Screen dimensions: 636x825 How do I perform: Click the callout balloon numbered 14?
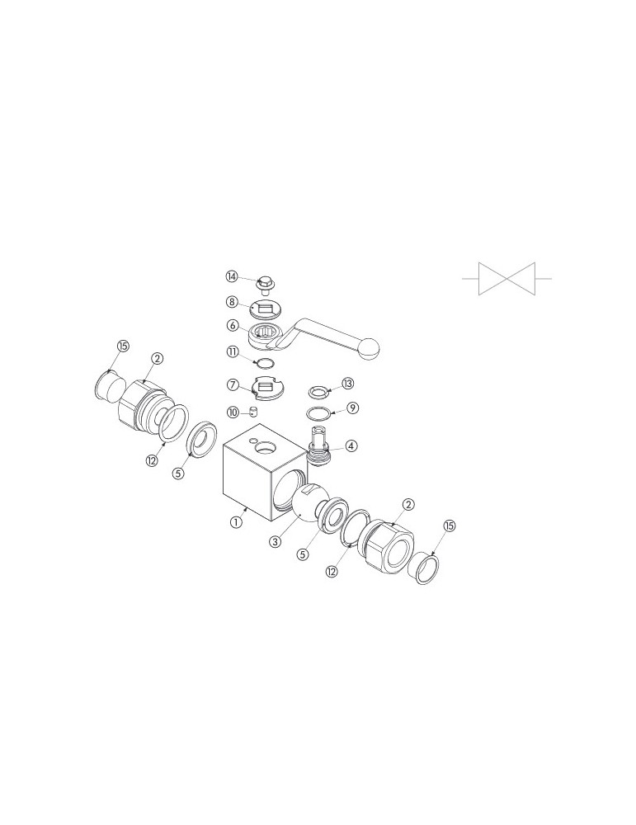coord(232,276)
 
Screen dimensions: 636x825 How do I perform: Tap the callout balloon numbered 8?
coord(232,302)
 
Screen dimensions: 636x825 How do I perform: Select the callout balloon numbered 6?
coord(232,326)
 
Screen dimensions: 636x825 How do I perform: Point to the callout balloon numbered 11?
coord(232,351)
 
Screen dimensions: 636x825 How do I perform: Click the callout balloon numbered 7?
coord(232,384)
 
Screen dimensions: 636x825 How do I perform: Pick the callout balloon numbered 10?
coord(232,412)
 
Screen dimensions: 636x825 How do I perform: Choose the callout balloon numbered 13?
coord(348,384)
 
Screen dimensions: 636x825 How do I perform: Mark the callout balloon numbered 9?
coord(353,408)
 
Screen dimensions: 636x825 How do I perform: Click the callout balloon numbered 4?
coord(351,446)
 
